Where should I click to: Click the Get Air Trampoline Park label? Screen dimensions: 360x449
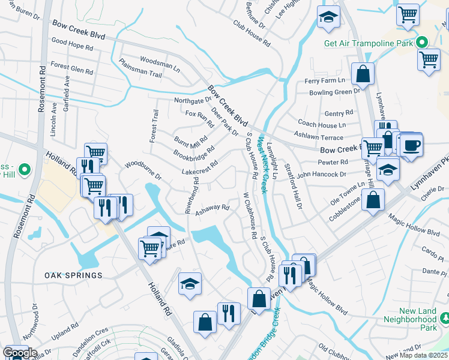pyautogui.click(x=369, y=43)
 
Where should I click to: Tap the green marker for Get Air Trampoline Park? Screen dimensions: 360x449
pyautogui.click(x=422, y=43)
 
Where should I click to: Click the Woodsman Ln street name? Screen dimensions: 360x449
pyautogui.click(x=160, y=60)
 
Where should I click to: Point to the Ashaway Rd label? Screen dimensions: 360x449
pyautogui.click(x=212, y=208)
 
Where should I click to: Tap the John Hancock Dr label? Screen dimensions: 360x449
pyautogui.click(x=322, y=175)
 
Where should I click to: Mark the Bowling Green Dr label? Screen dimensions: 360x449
pyautogui.click(x=334, y=92)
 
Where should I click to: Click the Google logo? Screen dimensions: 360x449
pyautogui.click(x=20, y=353)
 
